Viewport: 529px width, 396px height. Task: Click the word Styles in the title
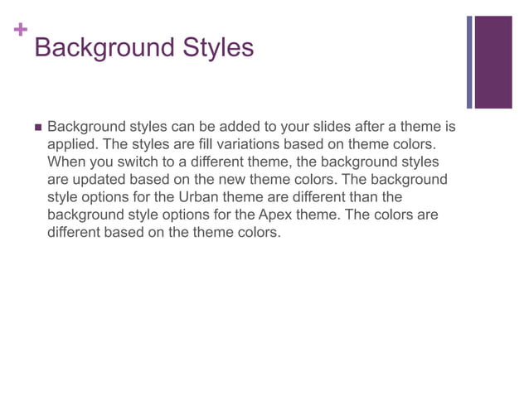(212, 47)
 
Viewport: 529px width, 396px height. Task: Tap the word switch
(136, 162)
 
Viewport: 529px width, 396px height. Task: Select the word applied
(70, 145)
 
